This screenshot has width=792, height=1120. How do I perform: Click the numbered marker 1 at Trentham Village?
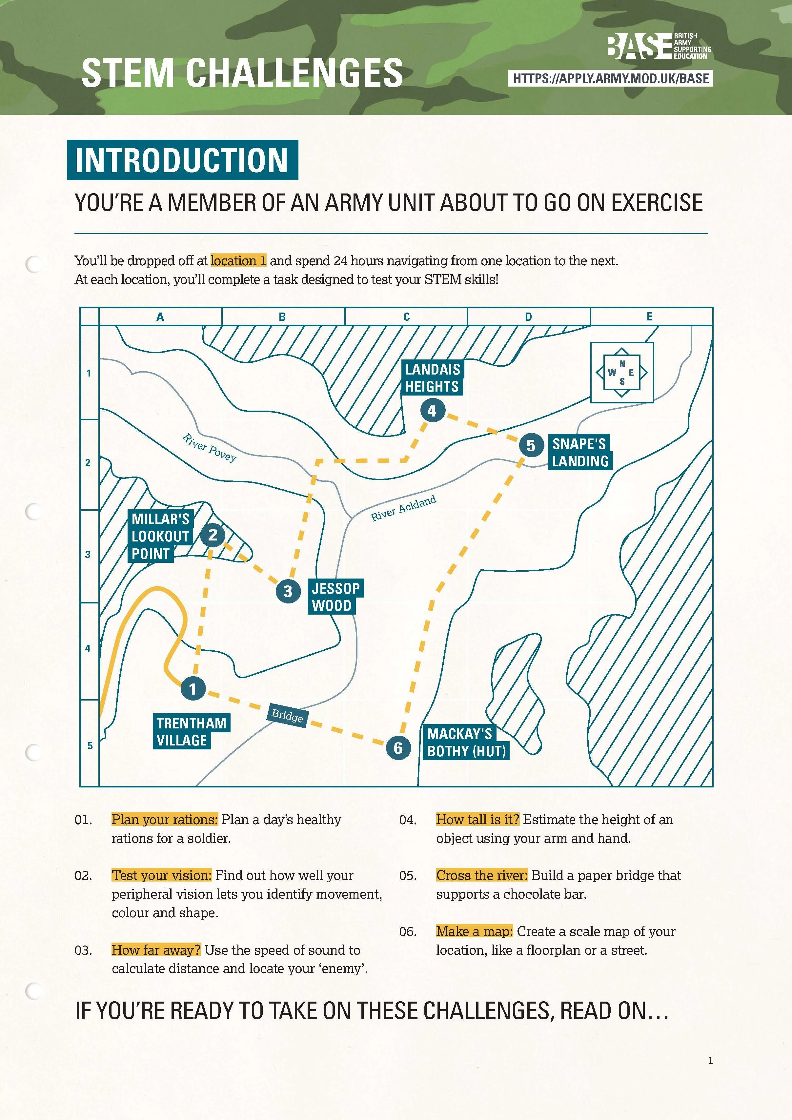[193, 689]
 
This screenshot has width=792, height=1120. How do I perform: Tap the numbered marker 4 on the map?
[432, 411]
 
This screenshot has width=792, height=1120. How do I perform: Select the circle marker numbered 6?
[398, 748]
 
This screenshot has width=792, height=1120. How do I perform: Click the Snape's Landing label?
[580, 452]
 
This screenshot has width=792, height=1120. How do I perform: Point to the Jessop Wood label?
[335, 597]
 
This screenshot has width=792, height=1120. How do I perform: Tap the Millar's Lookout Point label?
[160, 536]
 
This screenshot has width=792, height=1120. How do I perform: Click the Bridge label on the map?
[287, 716]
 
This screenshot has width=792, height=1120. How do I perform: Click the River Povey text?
[209, 447]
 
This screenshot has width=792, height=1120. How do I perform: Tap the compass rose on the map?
[622, 372]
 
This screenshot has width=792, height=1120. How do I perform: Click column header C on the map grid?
[406, 316]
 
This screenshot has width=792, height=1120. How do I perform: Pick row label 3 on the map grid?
[88, 555]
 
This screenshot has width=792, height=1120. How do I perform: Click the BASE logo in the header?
[659, 46]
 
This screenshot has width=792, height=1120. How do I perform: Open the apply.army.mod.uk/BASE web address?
[611, 78]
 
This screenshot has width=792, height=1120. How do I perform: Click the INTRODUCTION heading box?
[182, 160]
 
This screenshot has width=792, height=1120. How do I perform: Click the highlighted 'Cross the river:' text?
[482, 875]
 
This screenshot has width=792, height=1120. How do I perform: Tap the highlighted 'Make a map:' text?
[474, 931]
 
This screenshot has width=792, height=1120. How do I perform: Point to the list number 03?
[83, 950]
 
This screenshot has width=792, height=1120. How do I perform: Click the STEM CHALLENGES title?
[242, 73]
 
